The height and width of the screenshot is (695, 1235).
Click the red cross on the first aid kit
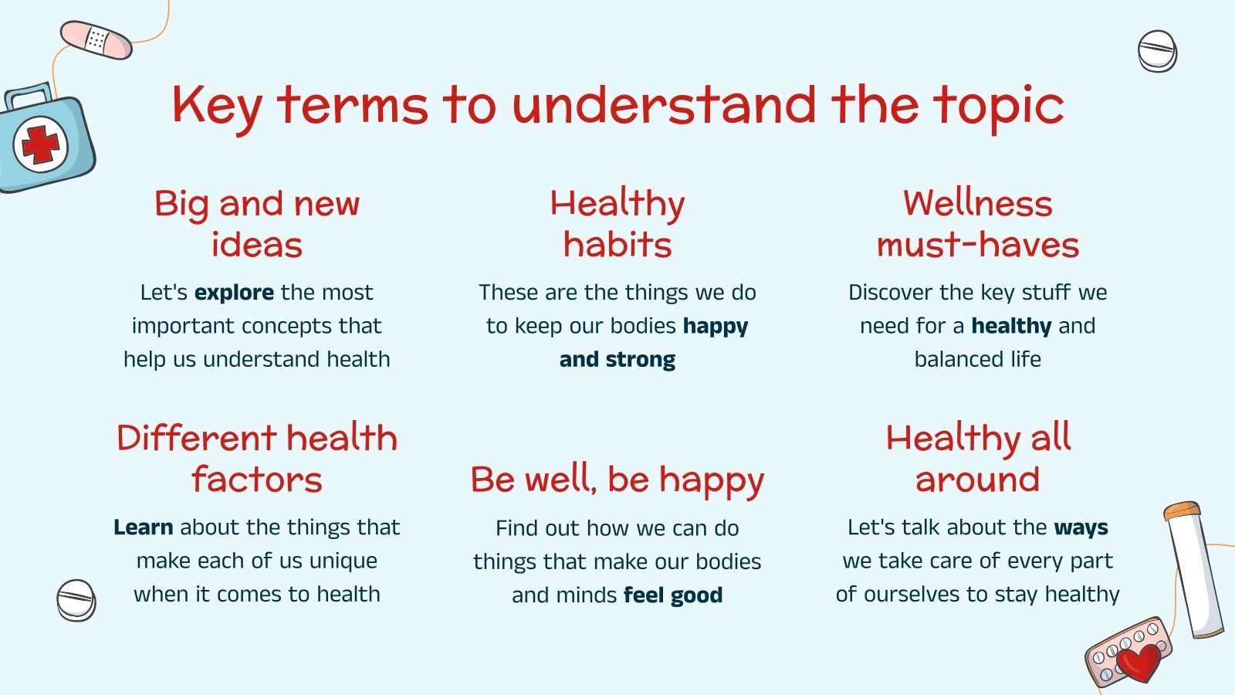point(40,144)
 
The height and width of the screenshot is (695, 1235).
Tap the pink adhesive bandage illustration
point(96,40)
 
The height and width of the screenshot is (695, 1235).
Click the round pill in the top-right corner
point(1157,52)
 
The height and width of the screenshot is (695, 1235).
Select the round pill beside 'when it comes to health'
point(76,600)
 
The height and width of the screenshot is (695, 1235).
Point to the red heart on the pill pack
point(1139,663)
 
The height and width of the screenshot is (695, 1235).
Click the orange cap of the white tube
point(1182,511)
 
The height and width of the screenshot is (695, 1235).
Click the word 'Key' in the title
point(217,106)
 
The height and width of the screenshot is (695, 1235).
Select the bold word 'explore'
point(234,293)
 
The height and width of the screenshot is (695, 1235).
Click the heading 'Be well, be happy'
point(617,480)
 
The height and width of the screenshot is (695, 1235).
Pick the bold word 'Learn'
point(143,527)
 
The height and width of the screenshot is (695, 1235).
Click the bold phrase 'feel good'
point(673,595)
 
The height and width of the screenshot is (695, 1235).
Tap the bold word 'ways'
point(1081,527)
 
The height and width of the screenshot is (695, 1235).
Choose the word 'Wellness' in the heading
point(977,204)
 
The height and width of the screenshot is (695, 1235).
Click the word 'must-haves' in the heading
point(977,245)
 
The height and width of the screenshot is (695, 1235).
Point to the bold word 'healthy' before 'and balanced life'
point(1011,326)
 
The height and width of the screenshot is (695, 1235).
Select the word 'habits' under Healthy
point(617,245)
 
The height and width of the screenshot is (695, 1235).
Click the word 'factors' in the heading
point(256,480)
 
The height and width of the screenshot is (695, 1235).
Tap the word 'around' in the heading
point(977,480)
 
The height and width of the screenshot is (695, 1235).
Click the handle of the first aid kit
point(27,96)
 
